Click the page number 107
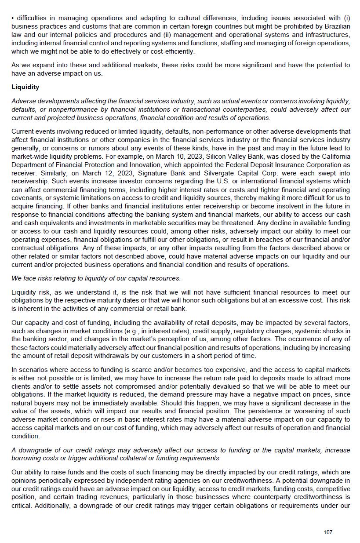click(x=328, y=532)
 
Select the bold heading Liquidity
click(x=25, y=87)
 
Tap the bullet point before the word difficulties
click(x=13, y=18)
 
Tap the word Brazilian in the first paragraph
click(x=336, y=26)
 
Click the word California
click(x=336, y=157)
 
